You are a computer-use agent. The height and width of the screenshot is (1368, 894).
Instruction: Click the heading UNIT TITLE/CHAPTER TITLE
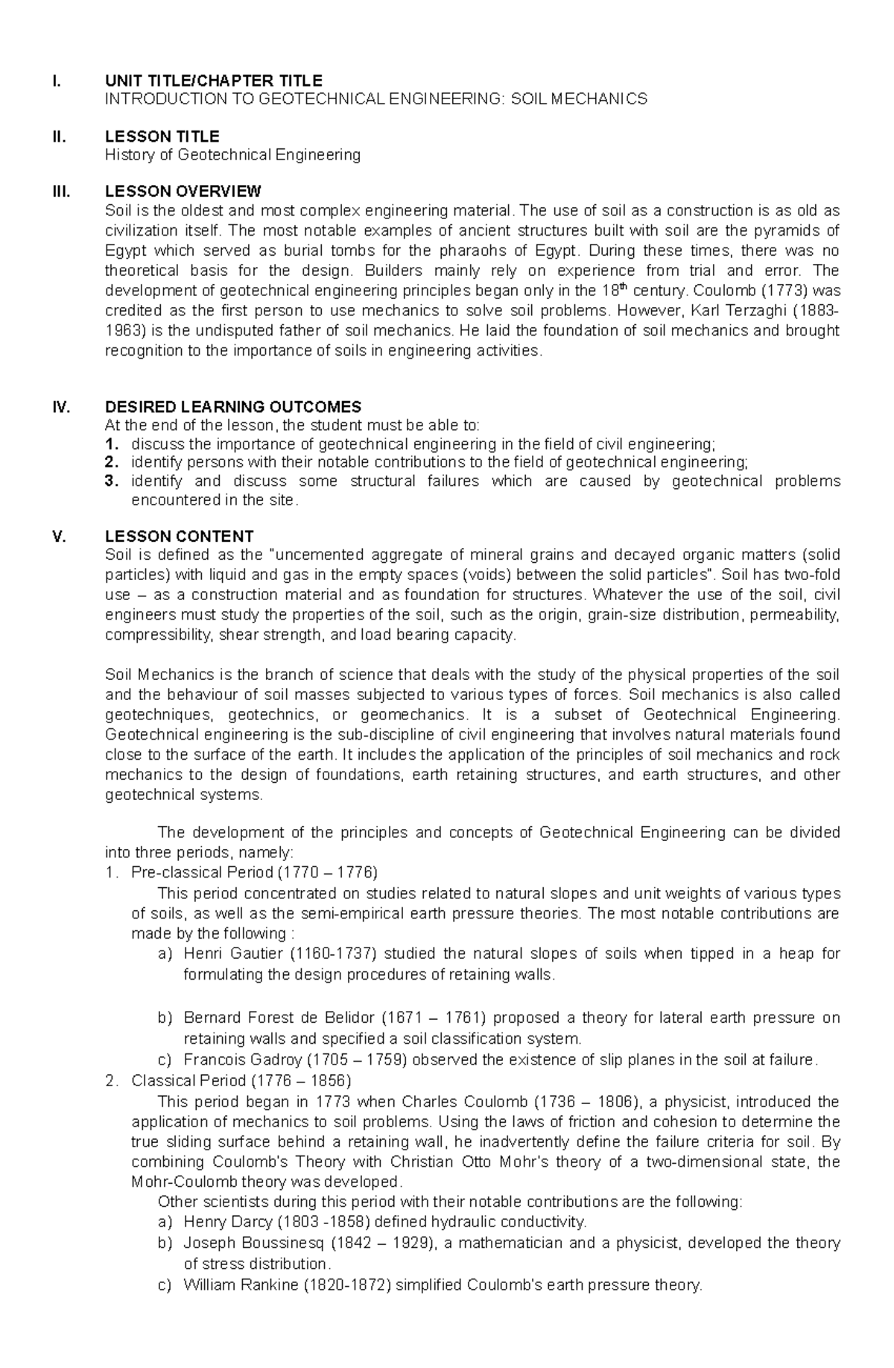coord(214,81)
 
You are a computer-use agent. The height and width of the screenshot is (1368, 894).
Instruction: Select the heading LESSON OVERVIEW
coord(183,191)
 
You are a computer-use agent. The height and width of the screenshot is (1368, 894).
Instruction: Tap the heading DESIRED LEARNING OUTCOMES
coord(233,407)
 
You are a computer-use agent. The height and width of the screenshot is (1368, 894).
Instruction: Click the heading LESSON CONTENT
coord(180,536)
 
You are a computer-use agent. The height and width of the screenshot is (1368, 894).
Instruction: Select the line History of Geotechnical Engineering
coord(232,155)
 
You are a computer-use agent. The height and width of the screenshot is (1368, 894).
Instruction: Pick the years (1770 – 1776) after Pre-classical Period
coord(327,872)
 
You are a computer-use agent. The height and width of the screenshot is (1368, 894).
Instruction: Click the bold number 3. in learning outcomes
coord(112,482)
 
